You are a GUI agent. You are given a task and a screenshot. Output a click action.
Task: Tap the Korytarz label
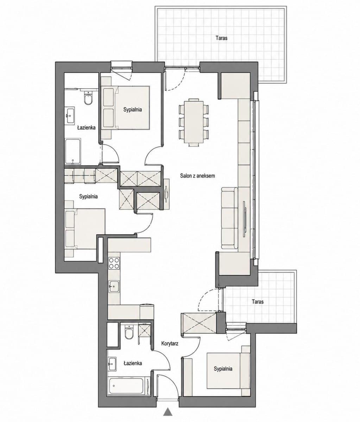(170, 343)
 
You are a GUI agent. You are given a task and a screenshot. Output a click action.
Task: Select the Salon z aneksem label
(197, 175)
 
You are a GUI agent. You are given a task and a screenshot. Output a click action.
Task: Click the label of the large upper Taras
(221, 38)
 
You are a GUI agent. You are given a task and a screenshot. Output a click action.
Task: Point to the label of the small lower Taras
(258, 301)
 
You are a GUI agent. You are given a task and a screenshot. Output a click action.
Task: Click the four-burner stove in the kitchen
(114, 263)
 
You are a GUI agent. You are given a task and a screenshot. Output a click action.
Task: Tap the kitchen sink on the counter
(114, 287)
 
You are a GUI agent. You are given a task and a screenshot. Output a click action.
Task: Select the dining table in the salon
(194, 122)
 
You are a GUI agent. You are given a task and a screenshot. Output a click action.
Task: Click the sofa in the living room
(229, 218)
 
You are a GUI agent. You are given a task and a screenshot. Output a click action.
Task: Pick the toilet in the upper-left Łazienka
(88, 98)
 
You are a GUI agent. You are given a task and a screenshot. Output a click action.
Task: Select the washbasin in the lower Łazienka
(112, 364)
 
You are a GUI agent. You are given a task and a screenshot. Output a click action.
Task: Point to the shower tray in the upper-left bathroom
(73, 152)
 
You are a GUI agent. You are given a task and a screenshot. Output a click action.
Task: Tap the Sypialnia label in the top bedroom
(132, 110)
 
